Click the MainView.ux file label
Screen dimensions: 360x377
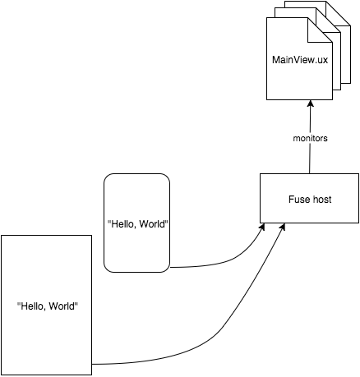click(300, 60)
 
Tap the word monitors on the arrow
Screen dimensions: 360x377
click(310, 138)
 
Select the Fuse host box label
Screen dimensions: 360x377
click(310, 200)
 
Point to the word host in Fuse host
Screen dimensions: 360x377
click(321, 200)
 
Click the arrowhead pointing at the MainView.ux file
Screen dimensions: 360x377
click(310, 103)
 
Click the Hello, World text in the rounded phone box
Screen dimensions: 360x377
click(137, 224)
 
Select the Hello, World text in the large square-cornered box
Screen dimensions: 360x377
click(48, 306)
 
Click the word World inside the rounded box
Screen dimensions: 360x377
click(153, 224)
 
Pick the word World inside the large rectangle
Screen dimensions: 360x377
click(63, 306)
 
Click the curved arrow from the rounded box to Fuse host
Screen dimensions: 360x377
click(228, 261)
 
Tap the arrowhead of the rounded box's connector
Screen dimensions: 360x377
click(262, 227)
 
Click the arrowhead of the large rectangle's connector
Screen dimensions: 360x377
click(283, 227)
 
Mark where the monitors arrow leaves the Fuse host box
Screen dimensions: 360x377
click(310, 173)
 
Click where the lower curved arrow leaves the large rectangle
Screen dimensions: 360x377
click(92, 365)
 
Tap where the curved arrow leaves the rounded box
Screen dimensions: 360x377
click(170, 267)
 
